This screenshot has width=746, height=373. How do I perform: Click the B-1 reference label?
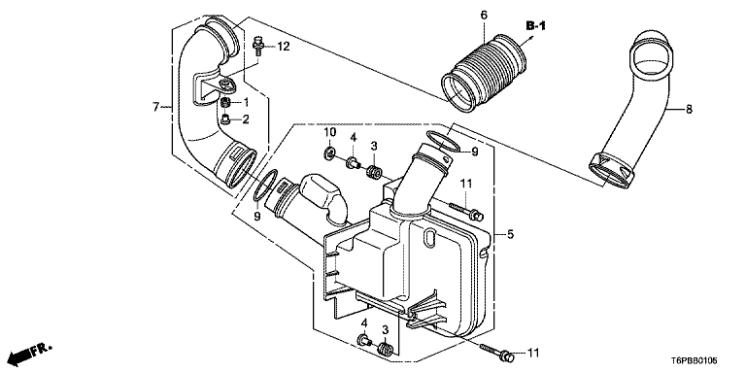point(536,25)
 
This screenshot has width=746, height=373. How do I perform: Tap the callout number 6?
point(484,16)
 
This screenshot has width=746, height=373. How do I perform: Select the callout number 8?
point(689,110)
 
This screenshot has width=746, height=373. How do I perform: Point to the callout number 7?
point(155,108)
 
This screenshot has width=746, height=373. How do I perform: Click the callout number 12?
point(283,47)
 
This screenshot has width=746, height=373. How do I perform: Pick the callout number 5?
point(510,234)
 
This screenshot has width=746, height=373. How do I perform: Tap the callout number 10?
point(330,131)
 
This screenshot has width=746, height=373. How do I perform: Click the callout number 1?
point(246,102)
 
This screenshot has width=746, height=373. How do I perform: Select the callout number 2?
point(246,119)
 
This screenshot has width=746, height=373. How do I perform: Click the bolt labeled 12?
point(257,46)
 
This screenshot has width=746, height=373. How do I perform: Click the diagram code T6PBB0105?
point(695,361)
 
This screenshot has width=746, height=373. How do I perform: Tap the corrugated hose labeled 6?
point(485,73)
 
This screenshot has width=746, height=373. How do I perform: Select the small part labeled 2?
point(226,119)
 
